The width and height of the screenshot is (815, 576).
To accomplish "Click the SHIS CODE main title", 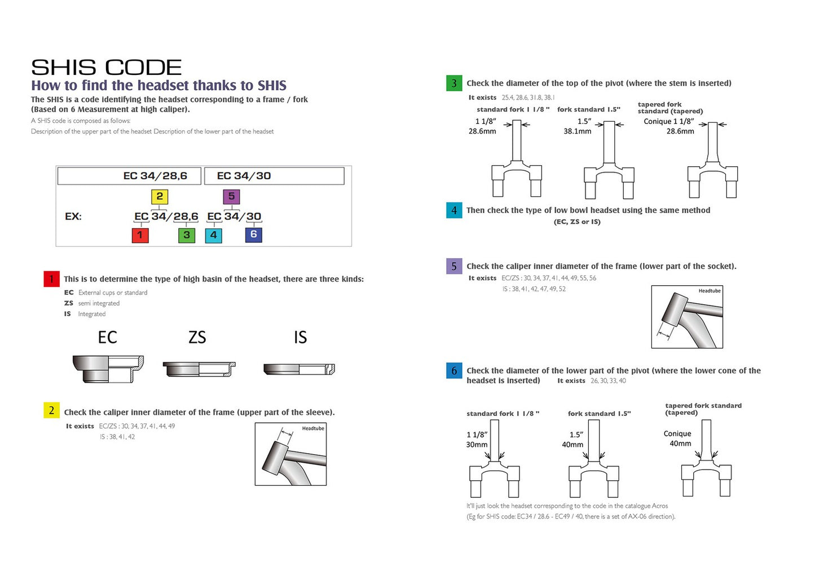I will [106, 68].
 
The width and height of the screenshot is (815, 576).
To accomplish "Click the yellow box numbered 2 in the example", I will [160, 196].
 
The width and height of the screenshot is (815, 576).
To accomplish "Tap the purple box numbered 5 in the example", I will [231, 196].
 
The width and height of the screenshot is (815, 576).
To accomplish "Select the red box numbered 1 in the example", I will [140, 234].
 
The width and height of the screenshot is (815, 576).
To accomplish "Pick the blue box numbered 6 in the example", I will [253, 234].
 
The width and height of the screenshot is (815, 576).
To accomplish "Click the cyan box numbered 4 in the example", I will [213, 234].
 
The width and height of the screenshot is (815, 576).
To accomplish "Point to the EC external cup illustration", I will [108, 369].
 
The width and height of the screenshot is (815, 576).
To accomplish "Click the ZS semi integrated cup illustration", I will [199, 369].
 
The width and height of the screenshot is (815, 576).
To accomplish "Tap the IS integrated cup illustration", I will [299, 369].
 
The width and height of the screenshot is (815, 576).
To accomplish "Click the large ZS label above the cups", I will [197, 337].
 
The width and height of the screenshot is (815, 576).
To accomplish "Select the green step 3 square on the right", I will [453, 83].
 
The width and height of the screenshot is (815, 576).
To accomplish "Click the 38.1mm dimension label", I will [577, 131].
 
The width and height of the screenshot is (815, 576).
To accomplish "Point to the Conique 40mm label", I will [679, 438].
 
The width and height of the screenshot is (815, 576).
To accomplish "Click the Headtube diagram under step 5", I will [687, 317].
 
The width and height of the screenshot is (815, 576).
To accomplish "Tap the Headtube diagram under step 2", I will [290, 454].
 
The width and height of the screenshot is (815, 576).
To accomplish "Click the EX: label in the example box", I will [73, 216].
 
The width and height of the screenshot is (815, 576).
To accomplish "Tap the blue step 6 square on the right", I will [453, 371].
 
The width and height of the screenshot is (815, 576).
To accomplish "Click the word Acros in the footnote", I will [660, 506].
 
